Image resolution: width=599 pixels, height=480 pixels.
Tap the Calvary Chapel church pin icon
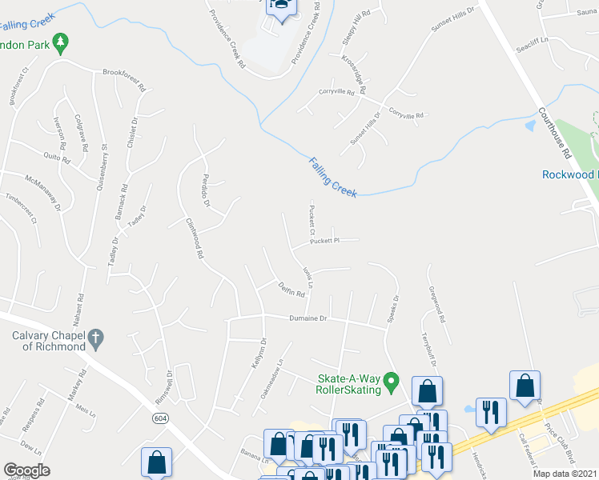(95, 338)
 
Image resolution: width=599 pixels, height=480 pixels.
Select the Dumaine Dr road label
(308, 318)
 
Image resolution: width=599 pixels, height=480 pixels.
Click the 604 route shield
(161, 418)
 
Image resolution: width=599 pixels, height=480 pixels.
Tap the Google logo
(26, 470)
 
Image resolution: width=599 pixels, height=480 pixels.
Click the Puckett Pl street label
(326, 240)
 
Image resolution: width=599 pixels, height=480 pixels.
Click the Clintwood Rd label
(195, 239)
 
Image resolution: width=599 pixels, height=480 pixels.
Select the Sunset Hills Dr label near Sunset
(453, 19)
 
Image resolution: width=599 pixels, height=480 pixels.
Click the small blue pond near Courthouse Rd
(529, 126)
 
